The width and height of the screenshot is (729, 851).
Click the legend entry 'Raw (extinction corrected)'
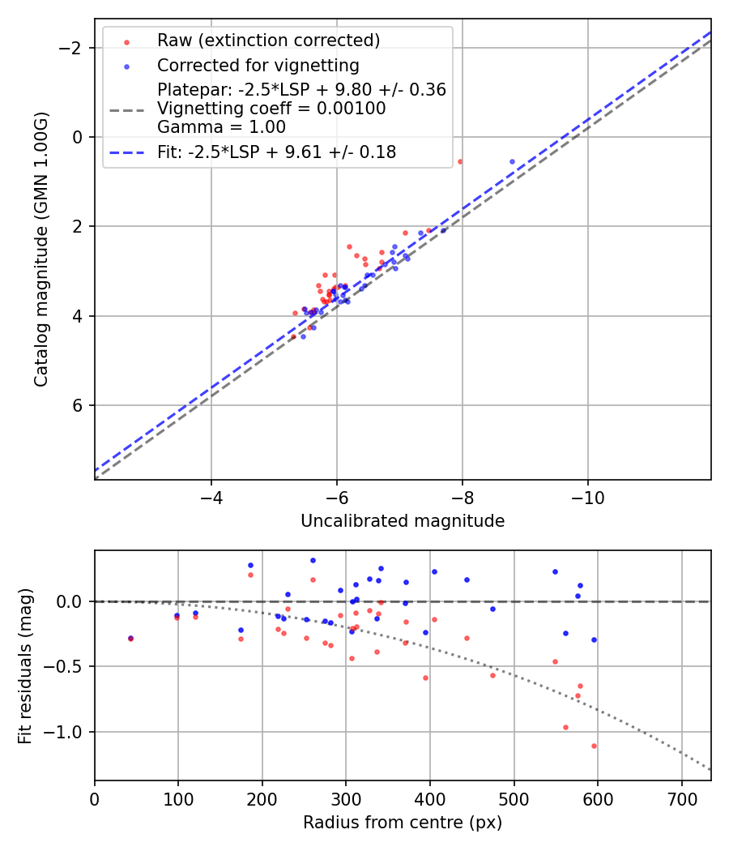click(268, 41)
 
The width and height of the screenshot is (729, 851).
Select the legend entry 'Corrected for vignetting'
click(258, 65)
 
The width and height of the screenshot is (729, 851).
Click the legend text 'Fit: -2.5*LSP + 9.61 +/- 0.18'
click(276, 152)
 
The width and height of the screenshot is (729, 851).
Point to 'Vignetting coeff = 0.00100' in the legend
click(271, 109)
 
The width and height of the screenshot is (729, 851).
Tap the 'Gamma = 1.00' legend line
click(221, 126)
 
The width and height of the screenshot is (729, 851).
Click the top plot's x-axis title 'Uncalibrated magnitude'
click(403, 521)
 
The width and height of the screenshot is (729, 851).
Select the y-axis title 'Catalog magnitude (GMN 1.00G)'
click(41, 249)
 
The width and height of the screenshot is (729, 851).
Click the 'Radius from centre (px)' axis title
click(403, 823)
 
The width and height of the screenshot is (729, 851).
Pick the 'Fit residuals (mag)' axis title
click(25, 665)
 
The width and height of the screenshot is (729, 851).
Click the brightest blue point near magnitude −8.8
click(512, 161)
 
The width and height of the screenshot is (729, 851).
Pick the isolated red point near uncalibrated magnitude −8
click(460, 161)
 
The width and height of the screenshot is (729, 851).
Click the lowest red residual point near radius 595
click(594, 746)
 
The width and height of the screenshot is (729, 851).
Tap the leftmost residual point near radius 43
click(130, 639)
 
